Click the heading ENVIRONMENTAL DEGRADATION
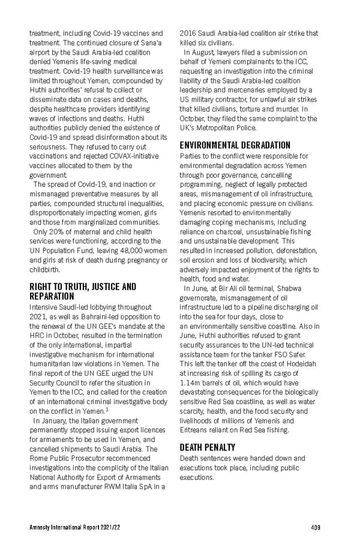[235, 145]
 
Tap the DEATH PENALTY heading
[208, 447]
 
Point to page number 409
[316, 527]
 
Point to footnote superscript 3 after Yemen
[107, 410]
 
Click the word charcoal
[218, 232]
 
